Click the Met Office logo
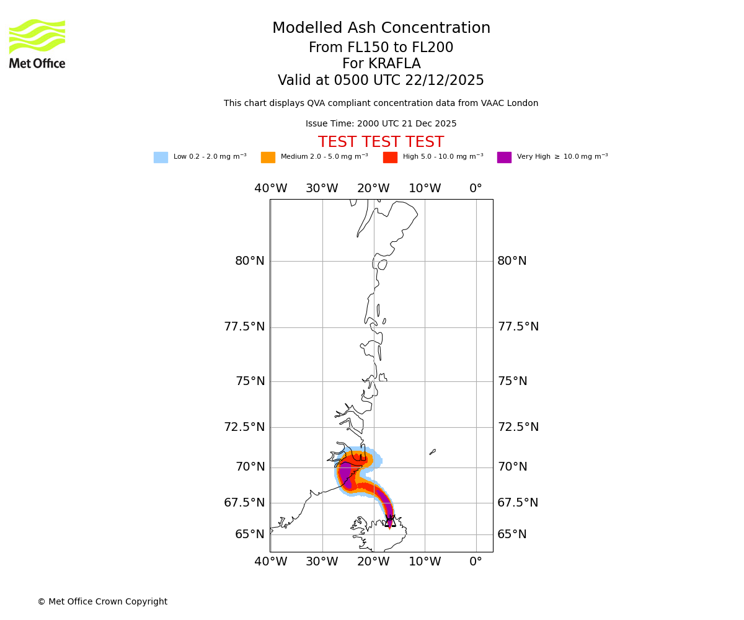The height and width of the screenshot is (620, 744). (37, 44)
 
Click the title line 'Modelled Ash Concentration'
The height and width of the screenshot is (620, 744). (381, 29)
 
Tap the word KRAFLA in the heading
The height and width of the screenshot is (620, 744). (381, 64)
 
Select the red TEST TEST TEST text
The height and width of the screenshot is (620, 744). (381, 143)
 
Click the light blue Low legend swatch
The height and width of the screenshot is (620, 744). (161, 157)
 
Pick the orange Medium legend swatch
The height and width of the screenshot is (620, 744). (268, 157)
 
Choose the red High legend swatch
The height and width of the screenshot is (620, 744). (390, 157)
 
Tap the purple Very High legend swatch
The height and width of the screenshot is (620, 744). (504, 157)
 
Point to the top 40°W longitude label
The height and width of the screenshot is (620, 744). (271, 188)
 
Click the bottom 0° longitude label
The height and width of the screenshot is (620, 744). (476, 562)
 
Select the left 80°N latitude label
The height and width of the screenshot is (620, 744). (250, 261)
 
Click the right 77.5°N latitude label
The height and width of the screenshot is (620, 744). (518, 327)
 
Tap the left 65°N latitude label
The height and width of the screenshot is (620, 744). (250, 534)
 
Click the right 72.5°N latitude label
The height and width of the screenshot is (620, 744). (518, 427)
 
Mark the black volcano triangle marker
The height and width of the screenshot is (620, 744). (390, 521)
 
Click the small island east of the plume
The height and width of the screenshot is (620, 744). (433, 452)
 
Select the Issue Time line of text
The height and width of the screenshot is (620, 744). (381, 124)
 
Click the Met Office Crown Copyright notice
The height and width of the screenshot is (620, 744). (102, 602)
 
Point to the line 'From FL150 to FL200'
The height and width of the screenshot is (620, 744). (381, 48)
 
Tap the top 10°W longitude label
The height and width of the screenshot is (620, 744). (425, 188)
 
